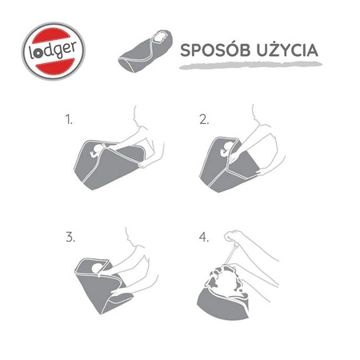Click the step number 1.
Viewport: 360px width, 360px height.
[70, 122]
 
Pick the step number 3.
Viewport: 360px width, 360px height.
[70, 238]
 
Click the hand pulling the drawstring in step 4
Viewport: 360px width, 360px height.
[234, 238]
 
